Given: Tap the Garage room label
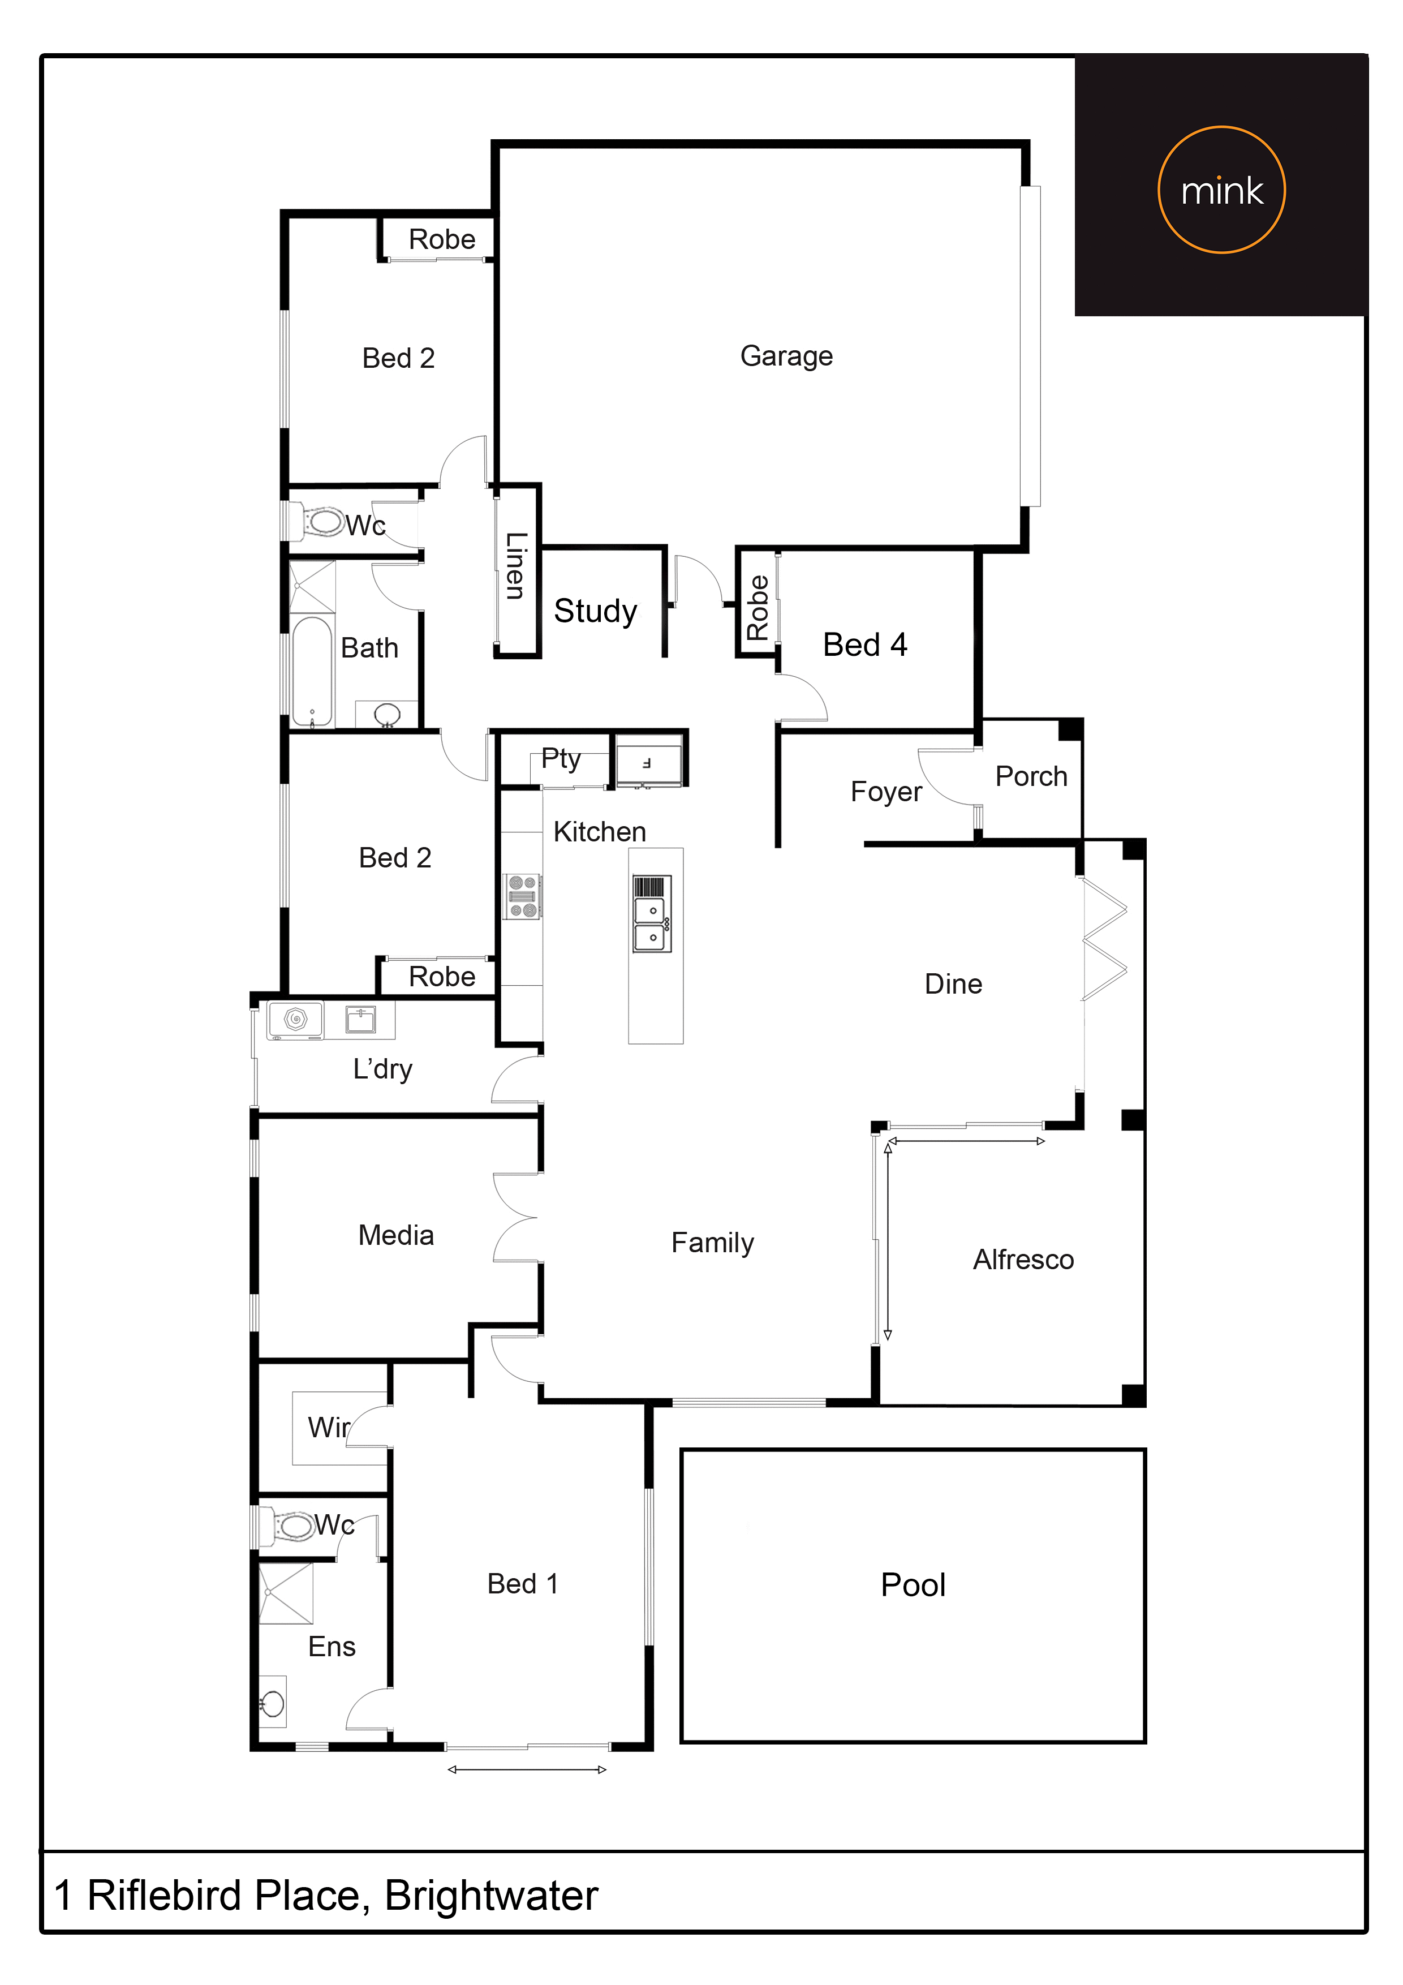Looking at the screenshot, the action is click(x=787, y=356).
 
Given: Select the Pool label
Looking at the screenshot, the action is click(x=913, y=1585).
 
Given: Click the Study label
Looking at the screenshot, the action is click(x=596, y=611).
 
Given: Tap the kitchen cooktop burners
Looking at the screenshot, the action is click(x=522, y=896).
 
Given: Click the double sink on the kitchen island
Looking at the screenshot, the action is click(x=652, y=924).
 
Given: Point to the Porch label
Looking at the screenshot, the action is click(x=1031, y=776).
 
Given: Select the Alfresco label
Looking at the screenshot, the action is click(x=1023, y=1260).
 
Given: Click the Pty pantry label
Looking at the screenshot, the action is click(x=561, y=759).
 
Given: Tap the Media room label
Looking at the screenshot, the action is click(x=396, y=1235).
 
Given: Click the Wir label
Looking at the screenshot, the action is click(x=329, y=1427).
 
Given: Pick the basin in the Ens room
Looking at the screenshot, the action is click(x=272, y=1704).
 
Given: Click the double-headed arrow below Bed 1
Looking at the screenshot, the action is click(x=527, y=1770).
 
